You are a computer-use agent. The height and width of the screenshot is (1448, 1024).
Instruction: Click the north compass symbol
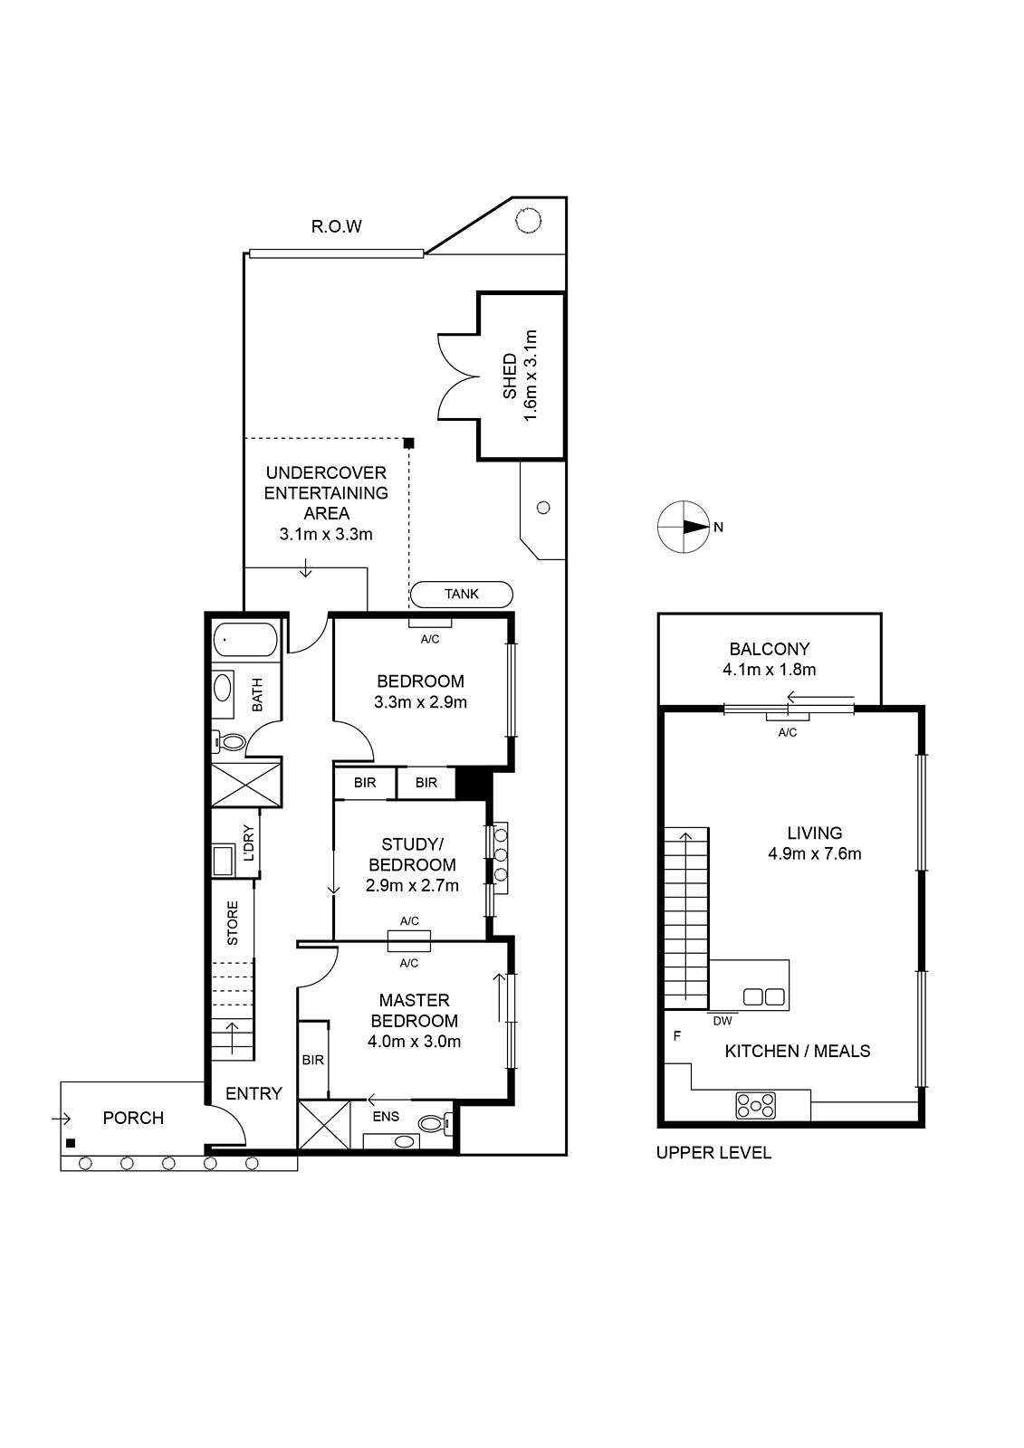(x=684, y=527)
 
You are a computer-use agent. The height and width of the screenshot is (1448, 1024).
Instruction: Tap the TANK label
(x=462, y=594)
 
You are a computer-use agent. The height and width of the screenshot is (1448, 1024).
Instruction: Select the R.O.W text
(x=337, y=226)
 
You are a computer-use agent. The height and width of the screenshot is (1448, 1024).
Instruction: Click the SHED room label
(x=510, y=376)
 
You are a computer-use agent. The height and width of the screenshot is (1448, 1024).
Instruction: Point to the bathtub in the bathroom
(x=245, y=640)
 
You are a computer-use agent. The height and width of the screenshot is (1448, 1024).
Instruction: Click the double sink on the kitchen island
(x=764, y=996)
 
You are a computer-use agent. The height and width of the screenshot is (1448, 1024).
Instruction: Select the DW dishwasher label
(x=723, y=1022)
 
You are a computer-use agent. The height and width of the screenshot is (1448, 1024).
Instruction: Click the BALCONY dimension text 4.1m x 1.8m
(x=770, y=669)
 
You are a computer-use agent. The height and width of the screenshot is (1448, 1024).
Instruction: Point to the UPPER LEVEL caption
(x=714, y=1153)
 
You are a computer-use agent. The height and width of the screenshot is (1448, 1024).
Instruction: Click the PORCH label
(x=133, y=1118)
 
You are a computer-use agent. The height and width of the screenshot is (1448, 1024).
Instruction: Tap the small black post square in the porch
(x=71, y=1143)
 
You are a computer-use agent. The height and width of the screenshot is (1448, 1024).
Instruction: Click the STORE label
(x=233, y=923)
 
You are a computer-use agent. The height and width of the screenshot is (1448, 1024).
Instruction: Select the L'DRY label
(x=249, y=843)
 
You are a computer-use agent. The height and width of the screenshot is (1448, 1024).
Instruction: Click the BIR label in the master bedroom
(x=313, y=1060)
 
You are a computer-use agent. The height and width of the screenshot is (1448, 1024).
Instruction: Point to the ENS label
(x=387, y=1117)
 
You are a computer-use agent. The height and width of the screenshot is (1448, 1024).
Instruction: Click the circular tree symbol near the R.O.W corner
(x=528, y=221)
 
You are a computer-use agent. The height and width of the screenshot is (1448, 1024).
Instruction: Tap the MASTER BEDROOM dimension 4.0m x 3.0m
(x=414, y=1042)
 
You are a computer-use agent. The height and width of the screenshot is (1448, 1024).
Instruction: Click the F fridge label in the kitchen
(x=677, y=1036)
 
